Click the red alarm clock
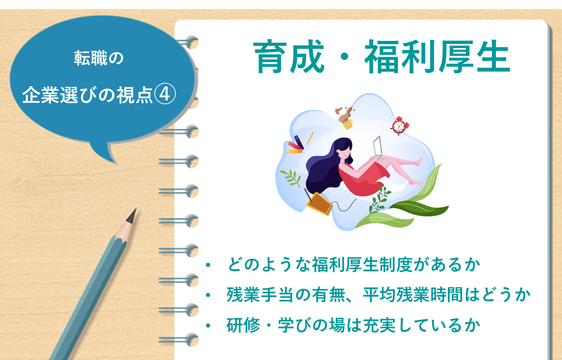click(x=399, y=126)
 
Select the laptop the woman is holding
click(x=377, y=149)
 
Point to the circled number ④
click(x=165, y=94)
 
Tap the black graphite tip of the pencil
click(x=132, y=215)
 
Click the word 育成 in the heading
click(x=289, y=57)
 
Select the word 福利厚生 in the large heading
click(x=437, y=57)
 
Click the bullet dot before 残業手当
click(x=208, y=295)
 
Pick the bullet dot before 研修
click(x=208, y=326)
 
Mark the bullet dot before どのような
click(x=208, y=265)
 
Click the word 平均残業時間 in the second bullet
click(x=413, y=295)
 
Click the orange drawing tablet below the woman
click(x=319, y=204)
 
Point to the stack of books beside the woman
click(x=295, y=145)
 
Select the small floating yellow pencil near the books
click(x=310, y=138)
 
